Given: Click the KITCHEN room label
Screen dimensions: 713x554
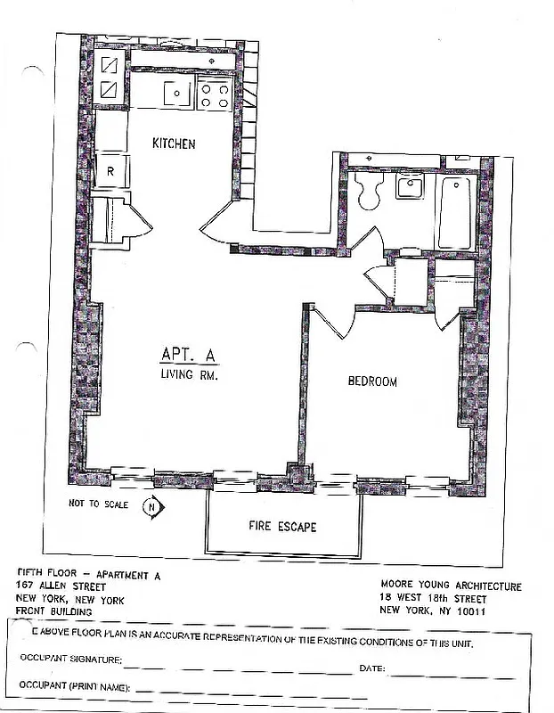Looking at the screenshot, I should [x=174, y=144].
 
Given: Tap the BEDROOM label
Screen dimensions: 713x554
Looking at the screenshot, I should [x=371, y=381].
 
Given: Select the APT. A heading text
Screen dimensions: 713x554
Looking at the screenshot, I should [x=185, y=354].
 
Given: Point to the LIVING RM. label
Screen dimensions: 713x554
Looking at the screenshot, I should [x=189, y=376].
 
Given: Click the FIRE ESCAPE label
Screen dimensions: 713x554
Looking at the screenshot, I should [x=281, y=527].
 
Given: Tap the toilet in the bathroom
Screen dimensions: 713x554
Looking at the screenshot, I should [x=366, y=191].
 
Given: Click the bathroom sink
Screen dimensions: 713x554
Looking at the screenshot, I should [x=411, y=188].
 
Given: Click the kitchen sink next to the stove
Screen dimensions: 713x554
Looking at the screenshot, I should [x=178, y=93].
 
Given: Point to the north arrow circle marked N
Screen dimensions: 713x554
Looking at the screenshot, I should [x=153, y=508].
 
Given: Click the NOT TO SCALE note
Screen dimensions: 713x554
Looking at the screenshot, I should [x=98, y=504].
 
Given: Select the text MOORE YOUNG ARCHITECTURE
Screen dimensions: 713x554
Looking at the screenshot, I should [x=450, y=586].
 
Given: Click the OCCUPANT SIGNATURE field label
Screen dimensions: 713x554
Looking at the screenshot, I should [x=70, y=659].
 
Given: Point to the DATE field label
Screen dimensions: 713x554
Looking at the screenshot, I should [x=372, y=667].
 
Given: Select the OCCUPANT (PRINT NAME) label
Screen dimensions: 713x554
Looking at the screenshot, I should [x=75, y=688].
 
